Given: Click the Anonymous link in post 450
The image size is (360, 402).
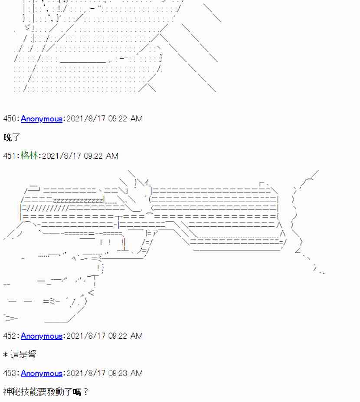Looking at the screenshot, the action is pos(42,119).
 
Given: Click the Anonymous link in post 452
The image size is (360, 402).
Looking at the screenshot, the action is pos(42,336).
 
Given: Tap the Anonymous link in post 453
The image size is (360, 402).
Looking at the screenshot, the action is pos(42,373).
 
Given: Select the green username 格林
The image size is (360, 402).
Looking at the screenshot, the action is pos(29,156).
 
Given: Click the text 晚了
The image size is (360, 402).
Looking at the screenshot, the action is pos(12,137).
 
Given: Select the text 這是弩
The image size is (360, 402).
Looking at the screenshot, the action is pos(23,355).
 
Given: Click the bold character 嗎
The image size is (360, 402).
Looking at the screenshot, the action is pos(77,392).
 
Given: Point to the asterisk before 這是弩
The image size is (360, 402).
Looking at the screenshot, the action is pos(5,355).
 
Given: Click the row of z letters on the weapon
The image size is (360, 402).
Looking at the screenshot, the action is pos(78,200).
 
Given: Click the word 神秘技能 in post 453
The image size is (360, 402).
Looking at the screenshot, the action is pos(20,392).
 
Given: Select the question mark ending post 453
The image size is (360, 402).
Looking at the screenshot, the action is pos(85,392).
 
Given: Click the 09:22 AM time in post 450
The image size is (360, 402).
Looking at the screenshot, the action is pos(125,119).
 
